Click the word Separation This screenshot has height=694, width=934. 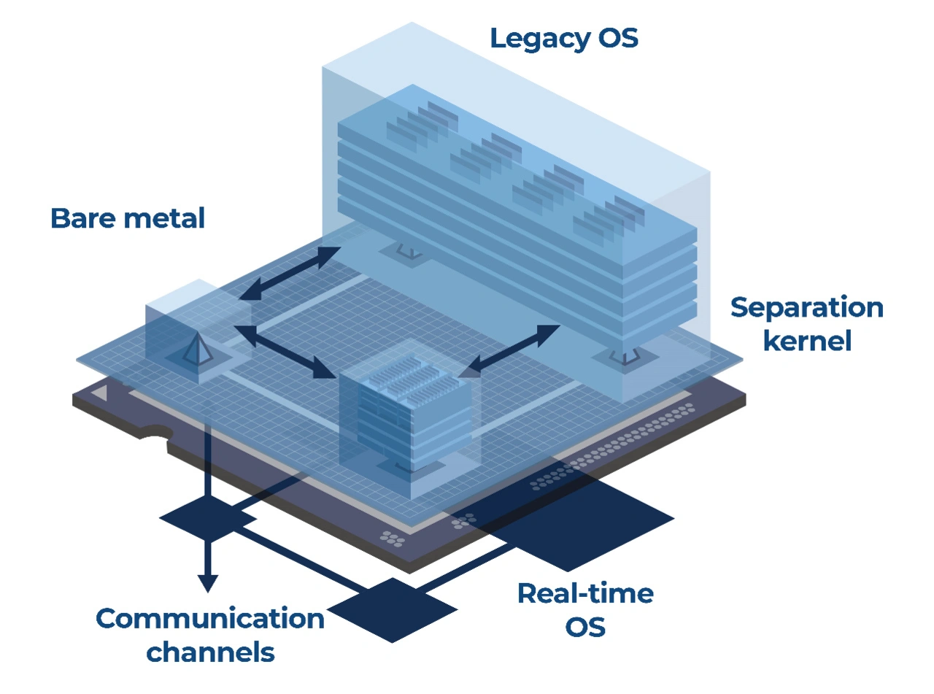point(806,308)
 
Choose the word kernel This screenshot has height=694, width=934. point(807,340)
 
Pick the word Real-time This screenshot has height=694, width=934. point(585,593)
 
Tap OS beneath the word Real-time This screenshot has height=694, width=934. point(585,627)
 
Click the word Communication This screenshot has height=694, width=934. point(210,619)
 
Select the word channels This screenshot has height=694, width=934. point(210,652)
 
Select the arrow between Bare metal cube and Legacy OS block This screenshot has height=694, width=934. point(290,274)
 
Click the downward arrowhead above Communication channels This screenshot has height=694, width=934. point(208,582)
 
